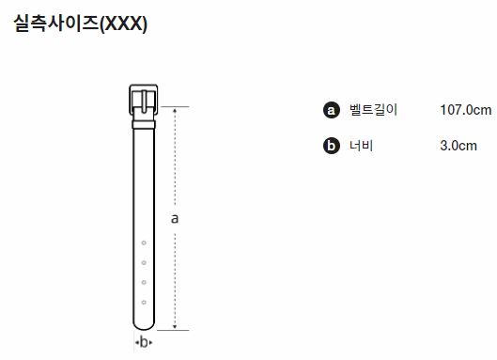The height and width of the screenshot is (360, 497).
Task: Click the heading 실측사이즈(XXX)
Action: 81,23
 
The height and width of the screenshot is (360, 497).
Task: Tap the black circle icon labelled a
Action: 332,110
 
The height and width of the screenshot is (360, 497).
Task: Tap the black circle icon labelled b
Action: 332,146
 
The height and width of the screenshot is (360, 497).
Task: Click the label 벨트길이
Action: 373,110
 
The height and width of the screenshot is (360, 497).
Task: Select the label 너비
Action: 362,146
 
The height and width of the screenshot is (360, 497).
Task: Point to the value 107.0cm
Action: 466,110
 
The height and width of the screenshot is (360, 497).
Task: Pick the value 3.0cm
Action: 458,146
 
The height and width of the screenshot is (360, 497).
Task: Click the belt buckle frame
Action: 131,100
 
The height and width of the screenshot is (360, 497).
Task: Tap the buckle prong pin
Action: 144,102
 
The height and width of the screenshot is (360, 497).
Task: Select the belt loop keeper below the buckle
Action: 144,125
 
